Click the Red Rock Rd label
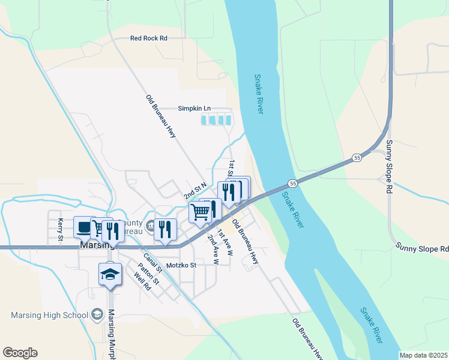148,38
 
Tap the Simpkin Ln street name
194,108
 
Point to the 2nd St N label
195,192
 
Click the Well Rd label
142,281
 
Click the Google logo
20,353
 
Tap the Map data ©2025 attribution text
423,355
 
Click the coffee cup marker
83,227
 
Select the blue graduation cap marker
110,274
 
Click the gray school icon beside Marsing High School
96,314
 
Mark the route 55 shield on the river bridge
292,183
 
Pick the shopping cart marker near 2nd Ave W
200,211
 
